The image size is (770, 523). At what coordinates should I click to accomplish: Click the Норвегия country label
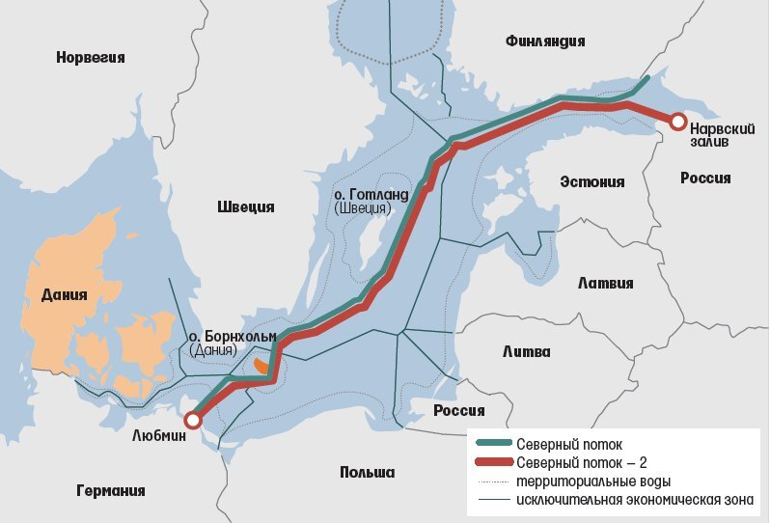92,57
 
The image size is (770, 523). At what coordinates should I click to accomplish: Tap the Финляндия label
545,40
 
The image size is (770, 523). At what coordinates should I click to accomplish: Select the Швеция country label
246,206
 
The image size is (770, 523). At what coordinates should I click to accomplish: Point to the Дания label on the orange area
65,294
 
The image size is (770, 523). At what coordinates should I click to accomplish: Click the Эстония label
592,181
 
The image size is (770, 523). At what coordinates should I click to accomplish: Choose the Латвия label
605,283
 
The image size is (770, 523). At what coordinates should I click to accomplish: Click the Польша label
367,472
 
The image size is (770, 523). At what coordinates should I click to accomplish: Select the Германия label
110,490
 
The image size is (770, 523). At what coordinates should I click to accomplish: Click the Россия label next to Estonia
705,178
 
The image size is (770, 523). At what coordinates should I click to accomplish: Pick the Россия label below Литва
458,410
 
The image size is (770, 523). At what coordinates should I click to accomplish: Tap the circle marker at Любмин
193,420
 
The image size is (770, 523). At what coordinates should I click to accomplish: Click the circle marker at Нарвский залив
678,122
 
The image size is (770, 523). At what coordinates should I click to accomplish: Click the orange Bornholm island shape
261,368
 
